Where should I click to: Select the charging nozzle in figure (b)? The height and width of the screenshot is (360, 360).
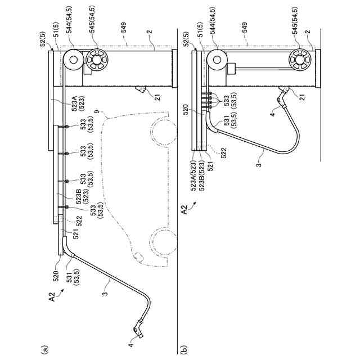pyautogui.click(x=281, y=96)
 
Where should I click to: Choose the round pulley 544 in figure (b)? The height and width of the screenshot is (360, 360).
pyautogui.click(x=215, y=58)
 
